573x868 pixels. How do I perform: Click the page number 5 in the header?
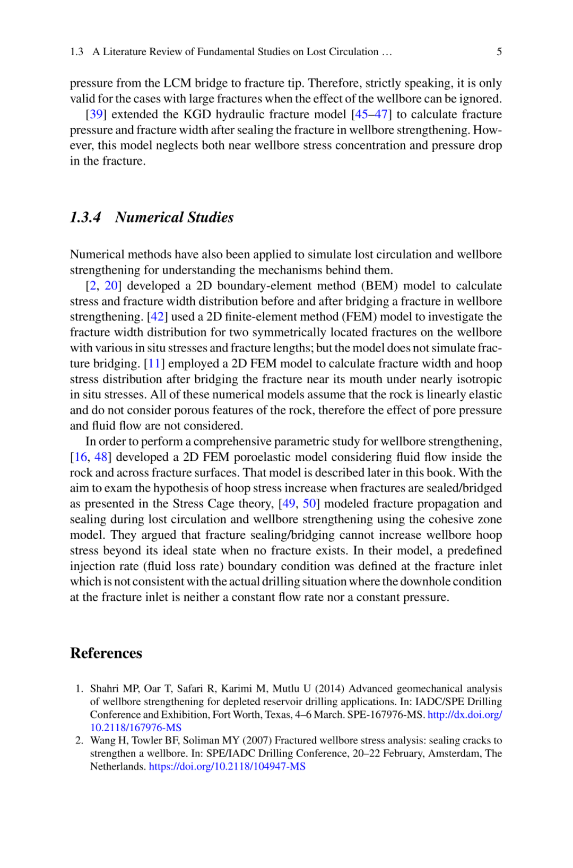pos(499,51)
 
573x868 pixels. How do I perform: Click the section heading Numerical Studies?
pos(174,217)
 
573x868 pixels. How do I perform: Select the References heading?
pos(106,653)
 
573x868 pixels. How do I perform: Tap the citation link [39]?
pos(95,115)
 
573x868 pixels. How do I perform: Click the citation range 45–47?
pos(371,115)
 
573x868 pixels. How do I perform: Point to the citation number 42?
pos(157,317)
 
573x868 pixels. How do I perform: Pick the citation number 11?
pos(154,364)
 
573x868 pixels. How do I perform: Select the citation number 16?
pos(81,457)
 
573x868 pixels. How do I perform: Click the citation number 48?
pos(101,457)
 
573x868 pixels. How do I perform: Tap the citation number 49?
pos(289,504)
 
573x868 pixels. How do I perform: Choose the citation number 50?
pos(309,504)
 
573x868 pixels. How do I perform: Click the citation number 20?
pos(111,286)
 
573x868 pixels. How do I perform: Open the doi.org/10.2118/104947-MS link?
pos(227,767)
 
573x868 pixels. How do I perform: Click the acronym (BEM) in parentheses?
pos(379,286)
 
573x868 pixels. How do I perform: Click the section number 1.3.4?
pos(85,217)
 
